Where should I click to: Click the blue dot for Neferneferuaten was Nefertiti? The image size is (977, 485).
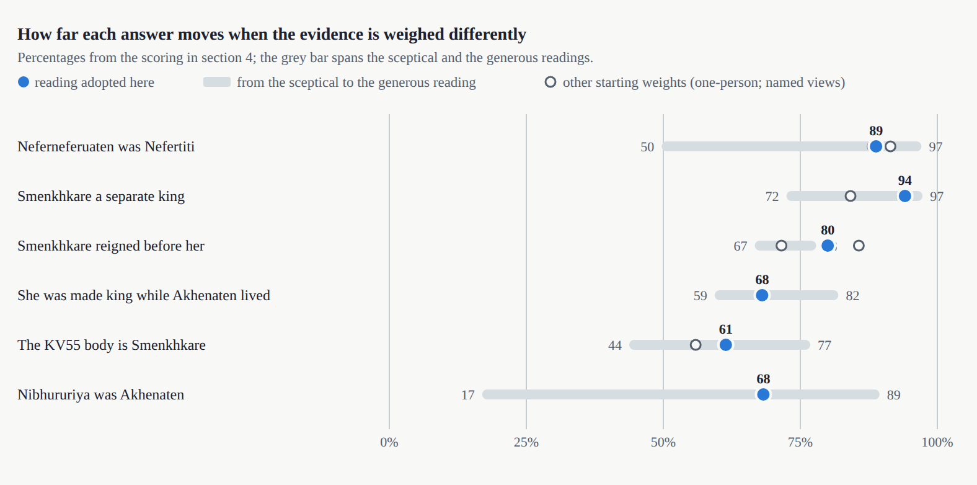tap(875, 147)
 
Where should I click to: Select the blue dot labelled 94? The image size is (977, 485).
tap(904, 196)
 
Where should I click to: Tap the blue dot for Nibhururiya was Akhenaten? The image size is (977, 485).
tap(763, 394)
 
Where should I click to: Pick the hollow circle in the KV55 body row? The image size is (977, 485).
tap(695, 345)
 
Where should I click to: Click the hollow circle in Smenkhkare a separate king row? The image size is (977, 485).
tap(850, 196)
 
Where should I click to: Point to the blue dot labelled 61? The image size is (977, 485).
tap(725, 345)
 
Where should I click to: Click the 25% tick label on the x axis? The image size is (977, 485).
tap(526, 442)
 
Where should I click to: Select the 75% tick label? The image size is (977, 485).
tap(800, 442)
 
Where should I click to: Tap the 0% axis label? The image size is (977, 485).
tap(389, 442)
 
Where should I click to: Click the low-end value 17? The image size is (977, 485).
tap(467, 395)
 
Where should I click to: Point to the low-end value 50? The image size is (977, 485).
tap(647, 147)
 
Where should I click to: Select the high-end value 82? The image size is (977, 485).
tap(852, 296)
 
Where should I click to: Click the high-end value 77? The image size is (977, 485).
tap(824, 345)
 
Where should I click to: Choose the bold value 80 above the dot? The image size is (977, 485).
tap(828, 230)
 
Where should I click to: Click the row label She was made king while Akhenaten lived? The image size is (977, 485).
tap(144, 296)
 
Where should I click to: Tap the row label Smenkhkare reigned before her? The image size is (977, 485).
tap(111, 246)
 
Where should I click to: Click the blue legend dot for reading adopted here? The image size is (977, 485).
tap(24, 82)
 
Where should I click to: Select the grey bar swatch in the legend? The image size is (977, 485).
tap(217, 82)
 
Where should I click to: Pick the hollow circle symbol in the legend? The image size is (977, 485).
tap(550, 82)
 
